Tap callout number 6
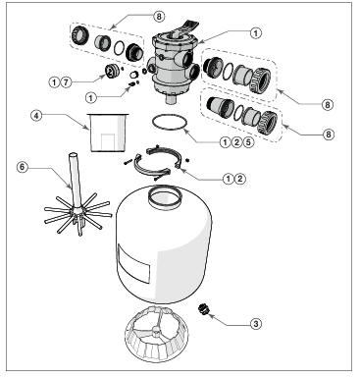coord(22,166)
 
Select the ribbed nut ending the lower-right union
coord(267,125)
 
